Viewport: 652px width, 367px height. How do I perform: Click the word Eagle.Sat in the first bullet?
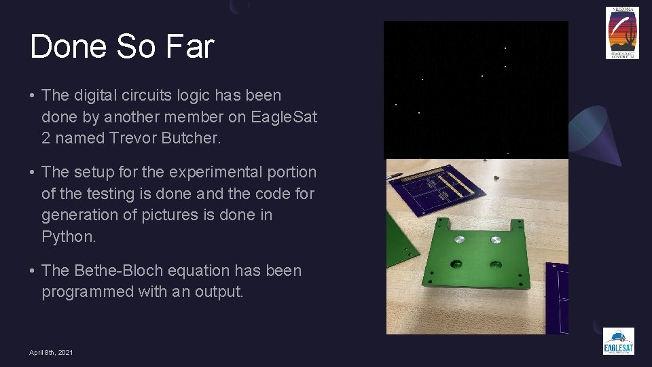point(284,117)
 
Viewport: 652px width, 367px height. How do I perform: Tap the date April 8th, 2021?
point(51,352)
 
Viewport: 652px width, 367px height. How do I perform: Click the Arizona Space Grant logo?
point(622,33)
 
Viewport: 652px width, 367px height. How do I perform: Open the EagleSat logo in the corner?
point(618,340)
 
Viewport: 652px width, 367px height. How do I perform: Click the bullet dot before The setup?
point(33,173)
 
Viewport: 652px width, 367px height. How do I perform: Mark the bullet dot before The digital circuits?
point(33,96)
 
